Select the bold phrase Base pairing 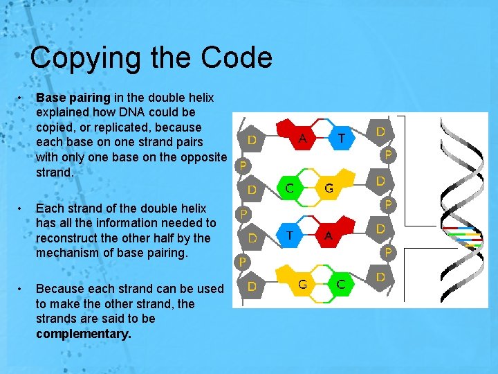tap(73, 97)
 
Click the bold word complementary tap(83, 334)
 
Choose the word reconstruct tap(68, 238)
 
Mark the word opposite tap(201, 157)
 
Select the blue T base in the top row tap(340, 137)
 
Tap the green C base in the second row tap(290, 186)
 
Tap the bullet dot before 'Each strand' tap(23, 208)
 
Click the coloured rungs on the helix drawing tap(461, 237)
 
